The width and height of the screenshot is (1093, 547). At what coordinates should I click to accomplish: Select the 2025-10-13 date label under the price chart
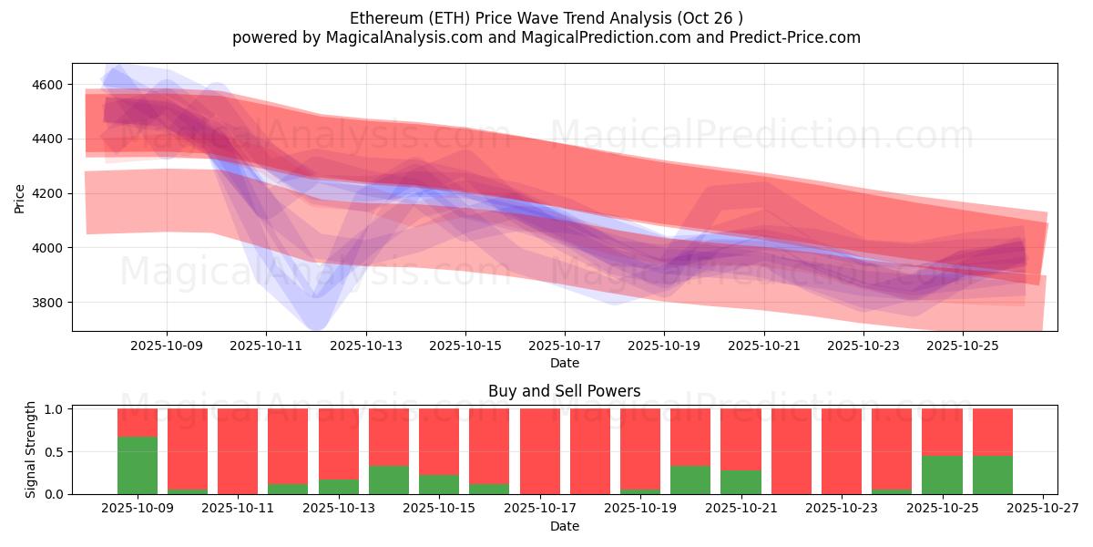365,346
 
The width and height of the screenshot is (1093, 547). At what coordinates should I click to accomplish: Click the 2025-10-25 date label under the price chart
963,346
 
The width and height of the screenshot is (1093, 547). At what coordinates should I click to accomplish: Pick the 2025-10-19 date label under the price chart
664,346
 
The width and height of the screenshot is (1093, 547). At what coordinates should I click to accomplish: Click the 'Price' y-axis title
19,197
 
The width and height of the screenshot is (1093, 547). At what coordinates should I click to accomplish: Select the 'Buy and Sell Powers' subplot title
564,391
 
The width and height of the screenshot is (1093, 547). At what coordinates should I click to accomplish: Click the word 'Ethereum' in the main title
382,18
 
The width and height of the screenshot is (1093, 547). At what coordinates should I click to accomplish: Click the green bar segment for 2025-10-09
138,465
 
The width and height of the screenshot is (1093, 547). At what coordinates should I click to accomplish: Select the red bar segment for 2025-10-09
138,422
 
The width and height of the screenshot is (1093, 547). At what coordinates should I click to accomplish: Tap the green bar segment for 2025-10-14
389,480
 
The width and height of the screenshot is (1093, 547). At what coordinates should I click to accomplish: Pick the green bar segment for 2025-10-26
992,474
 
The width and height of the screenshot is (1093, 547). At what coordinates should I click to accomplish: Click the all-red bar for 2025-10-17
540,451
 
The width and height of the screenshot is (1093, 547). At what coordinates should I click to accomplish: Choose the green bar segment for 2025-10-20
690,480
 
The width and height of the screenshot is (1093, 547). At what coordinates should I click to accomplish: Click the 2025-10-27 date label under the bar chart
1042,509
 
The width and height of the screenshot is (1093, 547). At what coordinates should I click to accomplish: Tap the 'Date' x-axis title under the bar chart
564,526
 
